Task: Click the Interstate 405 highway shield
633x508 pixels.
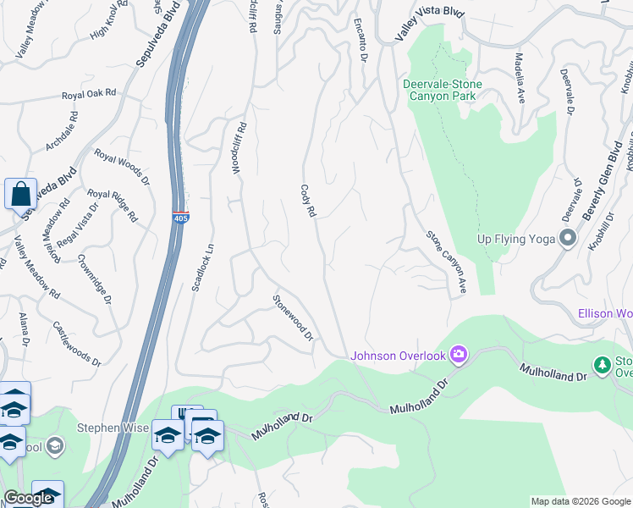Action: (180, 217)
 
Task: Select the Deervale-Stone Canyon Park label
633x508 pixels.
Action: (443, 90)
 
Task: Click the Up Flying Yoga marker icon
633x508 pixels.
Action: (567, 239)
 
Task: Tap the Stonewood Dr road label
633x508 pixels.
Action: (293, 317)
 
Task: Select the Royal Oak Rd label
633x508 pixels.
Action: (88, 95)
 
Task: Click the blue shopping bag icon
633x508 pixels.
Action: (20, 194)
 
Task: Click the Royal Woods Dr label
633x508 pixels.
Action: (121, 168)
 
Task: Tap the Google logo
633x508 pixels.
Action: (28, 499)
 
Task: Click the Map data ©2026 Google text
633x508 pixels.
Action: (581, 501)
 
